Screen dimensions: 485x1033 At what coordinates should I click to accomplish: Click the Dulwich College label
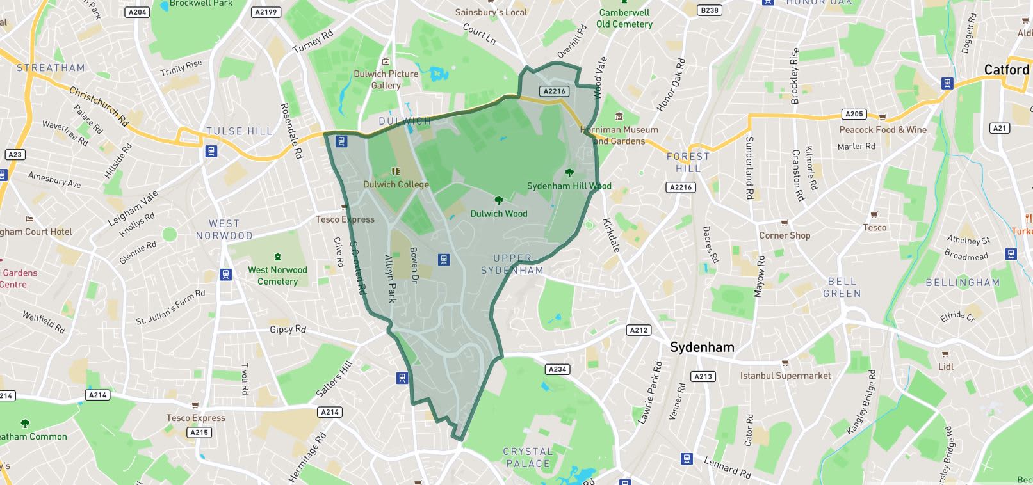[x=396, y=184]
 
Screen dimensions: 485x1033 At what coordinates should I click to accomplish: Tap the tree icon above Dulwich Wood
[x=499, y=201]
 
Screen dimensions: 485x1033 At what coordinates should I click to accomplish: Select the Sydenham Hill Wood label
[x=569, y=186]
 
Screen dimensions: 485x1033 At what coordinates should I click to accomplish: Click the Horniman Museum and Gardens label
[x=619, y=135]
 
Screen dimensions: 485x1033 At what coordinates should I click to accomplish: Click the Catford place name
[x=1007, y=70]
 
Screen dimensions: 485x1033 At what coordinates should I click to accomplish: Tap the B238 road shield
[x=709, y=10]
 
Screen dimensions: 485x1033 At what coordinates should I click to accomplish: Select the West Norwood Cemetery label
[x=277, y=276]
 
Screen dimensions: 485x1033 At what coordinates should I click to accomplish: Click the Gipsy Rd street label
[x=288, y=330]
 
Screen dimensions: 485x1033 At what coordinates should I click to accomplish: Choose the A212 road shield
[x=639, y=330]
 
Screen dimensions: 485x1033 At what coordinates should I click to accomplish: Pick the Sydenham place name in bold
[x=702, y=347]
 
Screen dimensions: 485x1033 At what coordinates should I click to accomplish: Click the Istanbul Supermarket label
[x=785, y=376]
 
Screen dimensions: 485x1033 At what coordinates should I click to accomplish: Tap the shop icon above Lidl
[x=945, y=354]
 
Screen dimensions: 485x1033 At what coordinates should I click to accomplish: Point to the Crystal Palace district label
[x=528, y=457]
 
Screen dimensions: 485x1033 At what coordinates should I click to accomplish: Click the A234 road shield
[x=557, y=369]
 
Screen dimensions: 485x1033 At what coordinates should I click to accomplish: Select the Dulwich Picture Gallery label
[x=386, y=79]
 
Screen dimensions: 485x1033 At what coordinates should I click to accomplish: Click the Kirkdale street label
[x=612, y=235]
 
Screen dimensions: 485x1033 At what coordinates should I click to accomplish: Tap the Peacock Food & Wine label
[x=883, y=129]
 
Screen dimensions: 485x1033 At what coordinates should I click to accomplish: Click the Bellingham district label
[x=962, y=282]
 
